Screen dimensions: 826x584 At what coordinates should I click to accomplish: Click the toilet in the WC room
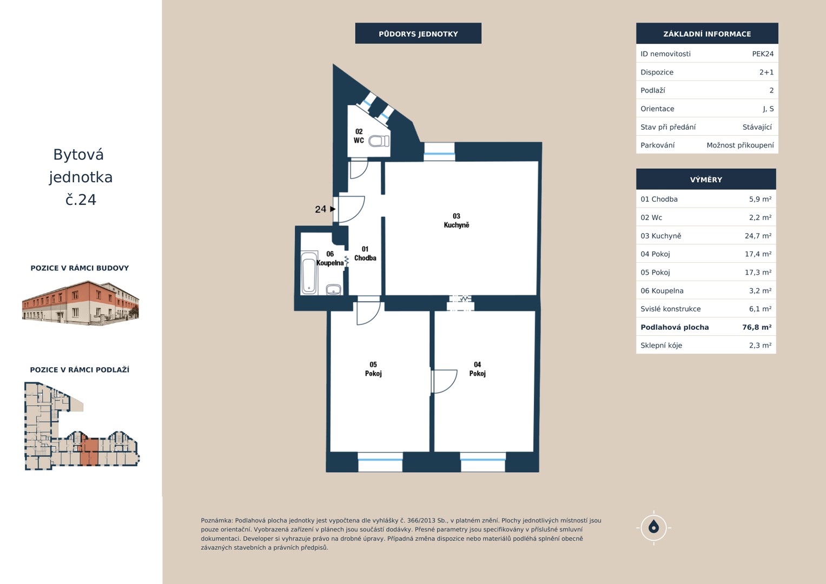coord(379,141)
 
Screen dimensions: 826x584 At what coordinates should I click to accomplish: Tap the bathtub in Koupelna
coord(309,273)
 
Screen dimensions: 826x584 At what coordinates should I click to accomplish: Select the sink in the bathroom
coord(334,289)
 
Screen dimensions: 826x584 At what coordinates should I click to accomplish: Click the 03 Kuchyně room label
coord(457,221)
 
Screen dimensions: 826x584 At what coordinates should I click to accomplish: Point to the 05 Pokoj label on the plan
coord(373,369)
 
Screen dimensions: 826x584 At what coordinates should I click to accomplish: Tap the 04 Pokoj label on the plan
coord(478,369)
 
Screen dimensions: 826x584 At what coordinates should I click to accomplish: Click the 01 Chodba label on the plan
coord(365,254)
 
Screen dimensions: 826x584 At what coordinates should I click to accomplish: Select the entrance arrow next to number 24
coord(333,209)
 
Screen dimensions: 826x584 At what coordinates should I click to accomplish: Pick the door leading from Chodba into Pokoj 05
coord(368,314)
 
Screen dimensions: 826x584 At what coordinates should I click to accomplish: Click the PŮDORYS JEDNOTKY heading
coord(418,34)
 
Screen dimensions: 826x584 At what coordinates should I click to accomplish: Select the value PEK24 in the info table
coord(763,54)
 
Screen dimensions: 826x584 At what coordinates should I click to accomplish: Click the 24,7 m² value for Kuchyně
coord(758,236)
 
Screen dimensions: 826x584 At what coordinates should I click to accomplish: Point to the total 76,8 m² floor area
coord(757,327)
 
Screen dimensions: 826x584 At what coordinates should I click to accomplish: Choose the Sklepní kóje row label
coord(661,346)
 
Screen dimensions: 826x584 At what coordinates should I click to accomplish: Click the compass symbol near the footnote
coord(654,528)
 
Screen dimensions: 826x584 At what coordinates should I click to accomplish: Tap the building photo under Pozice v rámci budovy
coord(81,303)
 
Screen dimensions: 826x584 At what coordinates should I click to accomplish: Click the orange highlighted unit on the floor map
coord(89,452)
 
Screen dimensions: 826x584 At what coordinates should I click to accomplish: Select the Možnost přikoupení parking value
coord(740,145)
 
